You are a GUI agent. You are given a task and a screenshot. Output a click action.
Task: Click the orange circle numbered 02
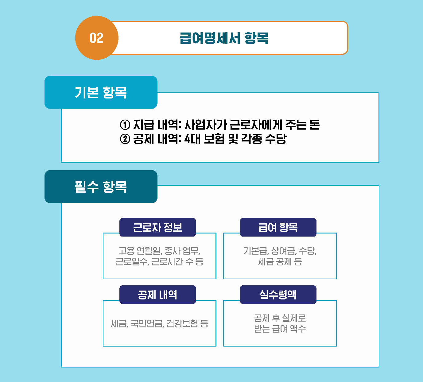click(x=97, y=38)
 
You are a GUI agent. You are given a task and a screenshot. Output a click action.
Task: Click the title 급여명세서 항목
click(x=224, y=38)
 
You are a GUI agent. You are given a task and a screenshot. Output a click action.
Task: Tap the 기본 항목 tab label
click(x=101, y=92)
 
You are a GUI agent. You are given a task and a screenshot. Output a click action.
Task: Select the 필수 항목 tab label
click(x=101, y=187)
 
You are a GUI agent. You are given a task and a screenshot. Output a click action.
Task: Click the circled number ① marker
click(x=125, y=125)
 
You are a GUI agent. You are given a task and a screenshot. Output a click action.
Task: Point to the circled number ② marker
click(x=125, y=139)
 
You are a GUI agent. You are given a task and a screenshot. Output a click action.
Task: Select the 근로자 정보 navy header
click(x=157, y=227)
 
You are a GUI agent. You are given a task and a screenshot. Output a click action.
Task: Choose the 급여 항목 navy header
click(x=278, y=227)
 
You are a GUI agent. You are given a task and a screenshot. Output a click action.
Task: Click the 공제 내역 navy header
click(x=157, y=295)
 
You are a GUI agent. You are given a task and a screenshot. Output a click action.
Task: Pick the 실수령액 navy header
click(x=278, y=295)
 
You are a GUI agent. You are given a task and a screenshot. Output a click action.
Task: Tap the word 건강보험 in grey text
click(x=182, y=323)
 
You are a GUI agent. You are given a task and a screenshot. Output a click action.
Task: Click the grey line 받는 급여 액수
click(x=280, y=329)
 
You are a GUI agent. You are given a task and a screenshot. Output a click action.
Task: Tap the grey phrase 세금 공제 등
click(x=280, y=262)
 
